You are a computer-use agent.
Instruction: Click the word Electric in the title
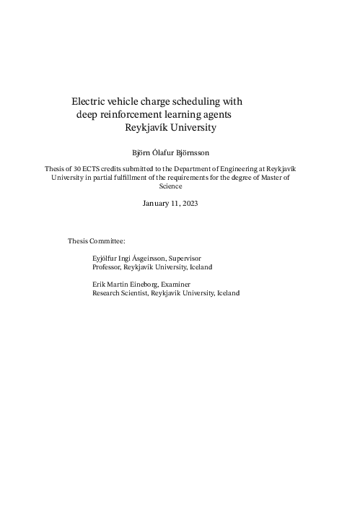[89, 102]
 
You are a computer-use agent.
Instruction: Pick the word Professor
[107, 266]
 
